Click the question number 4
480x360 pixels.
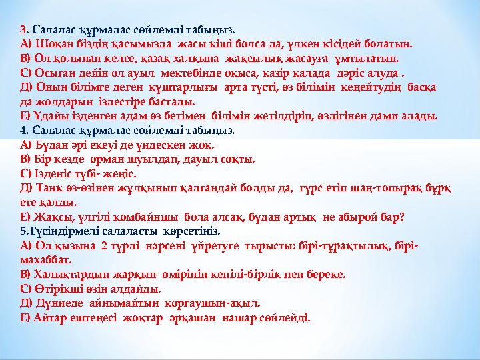tap(23, 131)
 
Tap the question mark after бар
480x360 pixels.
tap(403, 217)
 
